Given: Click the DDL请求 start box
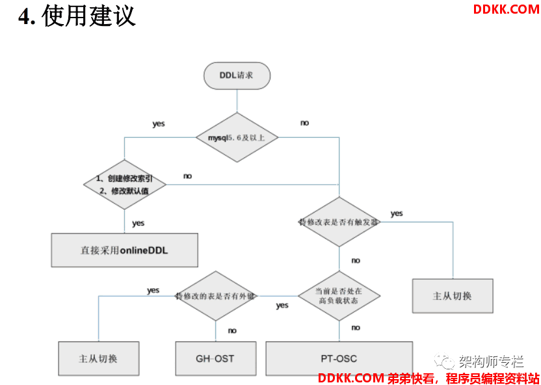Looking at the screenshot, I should pyautogui.click(x=237, y=75).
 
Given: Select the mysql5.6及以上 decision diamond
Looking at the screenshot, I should pyautogui.click(x=238, y=137).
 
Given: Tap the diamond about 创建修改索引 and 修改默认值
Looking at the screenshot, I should pyautogui.click(x=125, y=184).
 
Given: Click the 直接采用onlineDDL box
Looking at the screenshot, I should pyautogui.click(x=124, y=250).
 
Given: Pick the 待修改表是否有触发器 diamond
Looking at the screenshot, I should pyautogui.click(x=339, y=222).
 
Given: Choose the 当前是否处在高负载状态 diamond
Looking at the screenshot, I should pyautogui.click(x=339, y=296).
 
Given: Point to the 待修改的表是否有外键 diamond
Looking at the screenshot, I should pyautogui.click(x=216, y=296).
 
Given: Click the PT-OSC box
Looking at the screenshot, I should pyautogui.click(x=339, y=358).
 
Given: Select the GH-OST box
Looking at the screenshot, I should pyautogui.click(x=215, y=358).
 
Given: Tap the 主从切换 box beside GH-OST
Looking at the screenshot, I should pyautogui.click(x=98, y=358).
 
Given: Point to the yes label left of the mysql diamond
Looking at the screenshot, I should pyautogui.click(x=158, y=124).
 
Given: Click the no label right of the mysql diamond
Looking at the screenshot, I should pyautogui.click(x=304, y=123).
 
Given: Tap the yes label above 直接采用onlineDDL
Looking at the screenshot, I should pyautogui.click(x=138, y=223).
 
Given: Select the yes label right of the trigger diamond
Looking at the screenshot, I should pyautogui.click(x=397, y=213).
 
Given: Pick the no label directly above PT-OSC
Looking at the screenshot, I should pyautogui.click(x=356, y=328).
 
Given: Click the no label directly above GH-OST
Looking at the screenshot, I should pyautogui.click(x=232, y=330).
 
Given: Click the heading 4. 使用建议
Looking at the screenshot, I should pyautogui.click(x=77, y=16).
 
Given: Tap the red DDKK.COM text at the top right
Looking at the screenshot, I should pyautogui.click(x=506, y=9).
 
